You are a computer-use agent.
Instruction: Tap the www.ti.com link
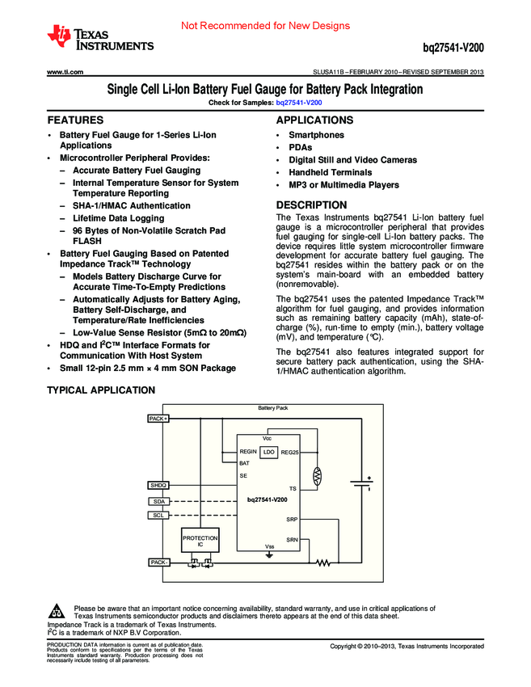[65, 73]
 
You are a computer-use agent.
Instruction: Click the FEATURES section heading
[74, 120]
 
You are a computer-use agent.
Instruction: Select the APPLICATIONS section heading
[315, 120]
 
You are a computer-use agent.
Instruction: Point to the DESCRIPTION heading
[311, 205]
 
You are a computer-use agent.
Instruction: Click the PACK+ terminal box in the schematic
[158, 419]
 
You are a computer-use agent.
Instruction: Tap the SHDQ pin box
[158, 485]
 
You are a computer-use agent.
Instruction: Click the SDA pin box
[158, 502]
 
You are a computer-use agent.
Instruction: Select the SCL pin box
[158, 515]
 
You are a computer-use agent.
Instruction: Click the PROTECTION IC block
[200, 541]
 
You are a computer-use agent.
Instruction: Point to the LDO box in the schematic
[268, 452]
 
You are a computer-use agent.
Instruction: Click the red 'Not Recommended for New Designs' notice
[265, 26]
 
